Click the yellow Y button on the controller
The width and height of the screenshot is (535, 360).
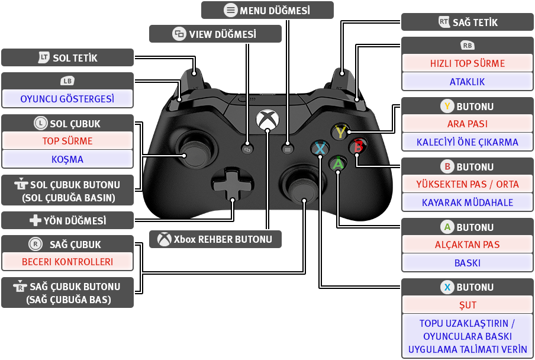(x=340, y=131)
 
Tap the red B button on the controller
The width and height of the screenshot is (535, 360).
(x=358, y=146)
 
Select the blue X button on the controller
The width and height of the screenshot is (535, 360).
(x=320, y=149)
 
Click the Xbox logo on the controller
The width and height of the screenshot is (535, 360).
(x=267, y=120)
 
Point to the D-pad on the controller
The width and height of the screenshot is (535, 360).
(x=233, y=185)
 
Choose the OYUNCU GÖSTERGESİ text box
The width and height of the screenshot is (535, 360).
(x=67, y=99)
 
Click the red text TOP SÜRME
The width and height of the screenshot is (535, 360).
(x=67, y=140)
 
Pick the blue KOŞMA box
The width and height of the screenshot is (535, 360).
(x=67, y=159)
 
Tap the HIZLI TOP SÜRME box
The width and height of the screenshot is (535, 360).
(x=468, y=63)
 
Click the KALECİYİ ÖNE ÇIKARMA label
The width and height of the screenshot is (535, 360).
(x=468, y=142)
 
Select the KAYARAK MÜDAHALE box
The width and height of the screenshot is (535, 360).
(x=468, y=202)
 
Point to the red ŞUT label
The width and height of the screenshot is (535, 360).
(x=468, y=305)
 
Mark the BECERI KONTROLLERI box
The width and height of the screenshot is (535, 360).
(x=67, y=262)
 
